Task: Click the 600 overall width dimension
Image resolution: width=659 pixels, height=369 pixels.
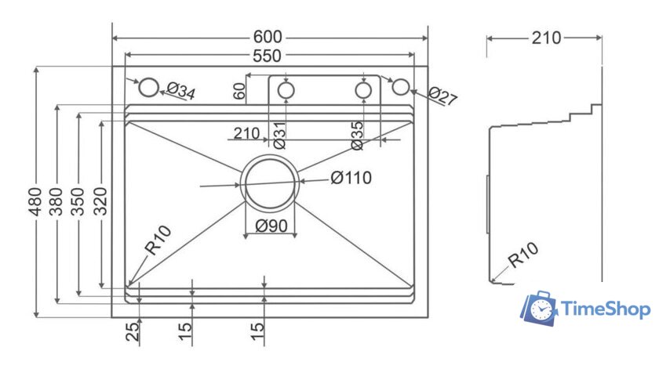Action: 268,37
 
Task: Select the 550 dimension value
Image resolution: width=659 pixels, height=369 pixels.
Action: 268,55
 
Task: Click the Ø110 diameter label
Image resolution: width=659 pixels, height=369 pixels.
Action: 351,178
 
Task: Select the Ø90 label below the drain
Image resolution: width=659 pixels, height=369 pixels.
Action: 271,227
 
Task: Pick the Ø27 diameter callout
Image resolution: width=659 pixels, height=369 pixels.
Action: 442,97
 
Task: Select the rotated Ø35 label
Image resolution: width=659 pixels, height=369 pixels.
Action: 357,134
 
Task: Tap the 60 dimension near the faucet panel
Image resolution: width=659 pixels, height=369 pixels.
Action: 240,91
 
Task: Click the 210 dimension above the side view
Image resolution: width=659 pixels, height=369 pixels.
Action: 545,37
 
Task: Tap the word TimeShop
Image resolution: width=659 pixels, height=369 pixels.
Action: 606,310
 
